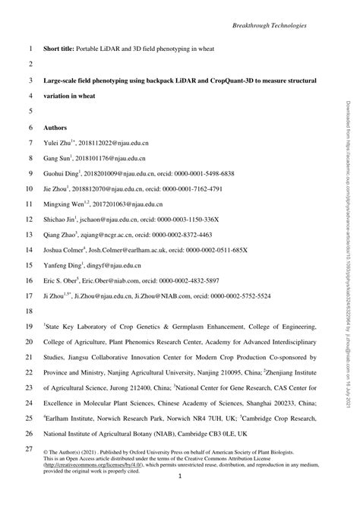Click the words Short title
(x=61, y=49)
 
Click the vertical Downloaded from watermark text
(x=349, y=190)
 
